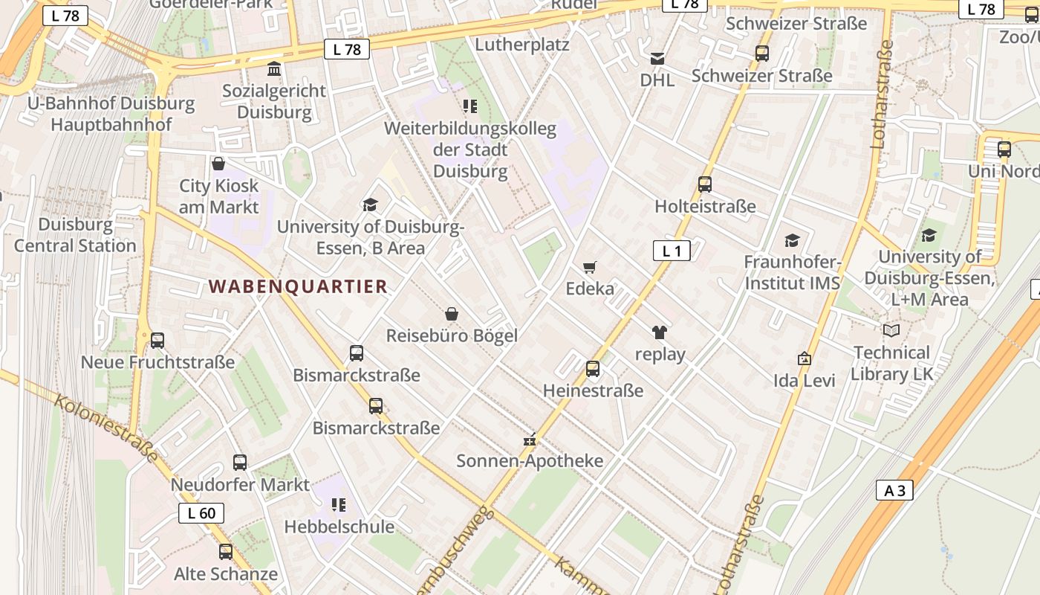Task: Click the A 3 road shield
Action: point(894,490)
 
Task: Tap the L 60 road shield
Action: point(201,512)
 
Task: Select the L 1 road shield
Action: point(672,251)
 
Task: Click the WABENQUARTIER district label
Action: point(298,286)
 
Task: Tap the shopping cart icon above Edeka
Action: point(590,267)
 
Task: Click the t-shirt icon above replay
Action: point(660,332)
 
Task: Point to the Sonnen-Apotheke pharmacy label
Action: point(530,460)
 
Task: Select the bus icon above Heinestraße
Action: point(592,368)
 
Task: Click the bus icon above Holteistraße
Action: point(704,184)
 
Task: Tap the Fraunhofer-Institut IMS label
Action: point(792,272)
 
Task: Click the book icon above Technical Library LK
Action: point(891,330)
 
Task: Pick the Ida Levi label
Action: point(805,380)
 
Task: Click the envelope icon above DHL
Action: point(657,58)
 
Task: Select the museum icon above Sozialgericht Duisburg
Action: point(274,69)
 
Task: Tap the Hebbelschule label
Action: point(339,527)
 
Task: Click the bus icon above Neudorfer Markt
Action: point(239,462)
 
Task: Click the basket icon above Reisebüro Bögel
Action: point(451,314)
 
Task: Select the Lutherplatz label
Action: point(521,45)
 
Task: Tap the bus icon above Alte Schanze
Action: point(225,552)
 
